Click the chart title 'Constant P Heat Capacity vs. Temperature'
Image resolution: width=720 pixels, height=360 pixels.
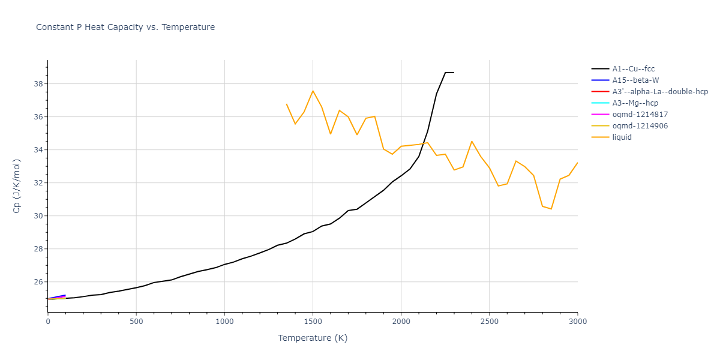click(x=125, y=27)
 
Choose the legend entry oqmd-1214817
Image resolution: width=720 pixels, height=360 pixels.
click(x=640, y=115)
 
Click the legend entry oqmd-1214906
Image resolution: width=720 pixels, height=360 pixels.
click(x=640, y=126)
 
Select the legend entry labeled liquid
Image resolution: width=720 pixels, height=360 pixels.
click(x=622, y=137)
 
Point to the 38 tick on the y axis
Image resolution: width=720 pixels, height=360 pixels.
click(x=38, y=84)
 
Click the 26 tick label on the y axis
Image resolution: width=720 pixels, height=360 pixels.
click(x=38, y=282)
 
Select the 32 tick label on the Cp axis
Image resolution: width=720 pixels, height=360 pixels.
click(x=38, y=183)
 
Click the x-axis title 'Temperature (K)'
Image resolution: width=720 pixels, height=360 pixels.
click(x=313, y=338)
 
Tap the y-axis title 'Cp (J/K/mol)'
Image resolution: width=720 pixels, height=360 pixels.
click(x=16, y=186)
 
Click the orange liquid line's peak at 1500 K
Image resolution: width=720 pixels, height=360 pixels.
click(x=313, y=91)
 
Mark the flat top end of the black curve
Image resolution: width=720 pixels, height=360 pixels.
click(x=454, y=73)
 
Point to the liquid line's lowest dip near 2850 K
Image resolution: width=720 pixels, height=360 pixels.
click(x=551, y=209)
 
